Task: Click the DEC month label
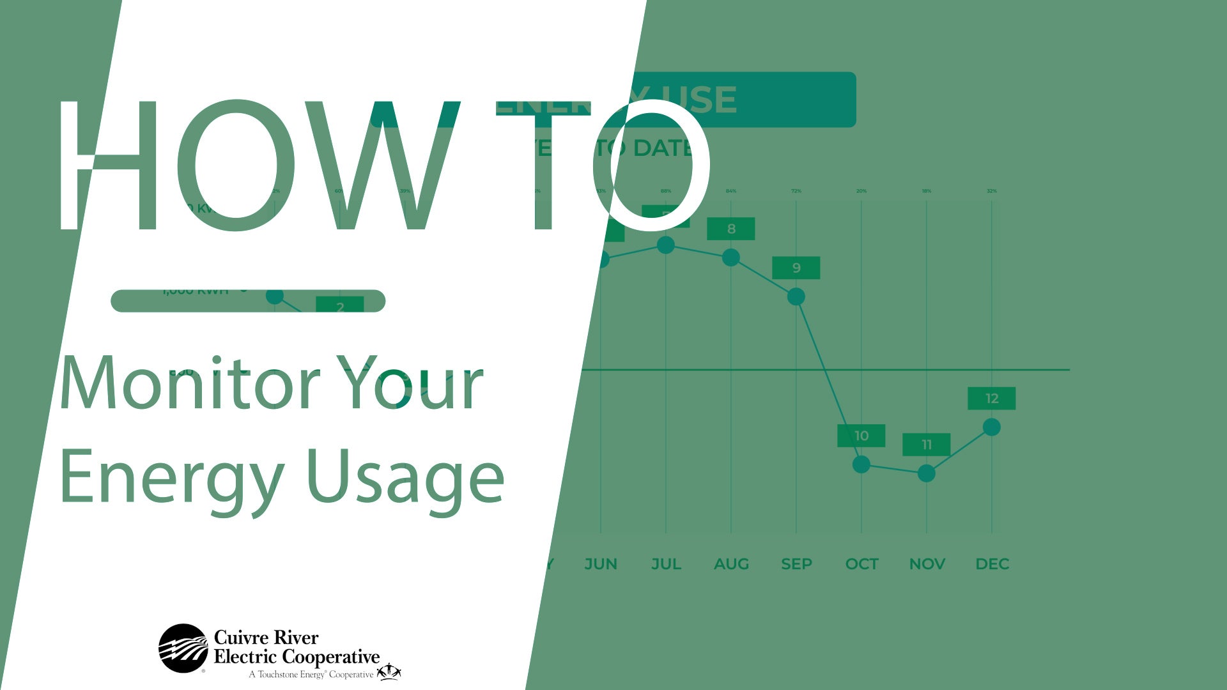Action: (x=992, y=564)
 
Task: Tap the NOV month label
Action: (x=927, y=564)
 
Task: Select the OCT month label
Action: (x=861, y=564)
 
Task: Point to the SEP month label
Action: (x=796, y=564)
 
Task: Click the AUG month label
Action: (x=731, y=564)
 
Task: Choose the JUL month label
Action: (x=666, y=564)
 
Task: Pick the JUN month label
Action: (x=601, y=564)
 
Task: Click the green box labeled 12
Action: (x=991, y=399)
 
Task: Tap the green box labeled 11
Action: (x=926, y=445)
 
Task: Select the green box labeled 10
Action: (x=861, y=436)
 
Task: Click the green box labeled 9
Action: (x=796, y=268)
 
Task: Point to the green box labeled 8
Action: (x=730, y=229)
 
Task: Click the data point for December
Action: (x=991, y=427)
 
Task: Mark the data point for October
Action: (x=861, y=464)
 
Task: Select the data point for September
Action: (x=796, y=296)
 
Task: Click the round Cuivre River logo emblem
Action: (x=183, y=648)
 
